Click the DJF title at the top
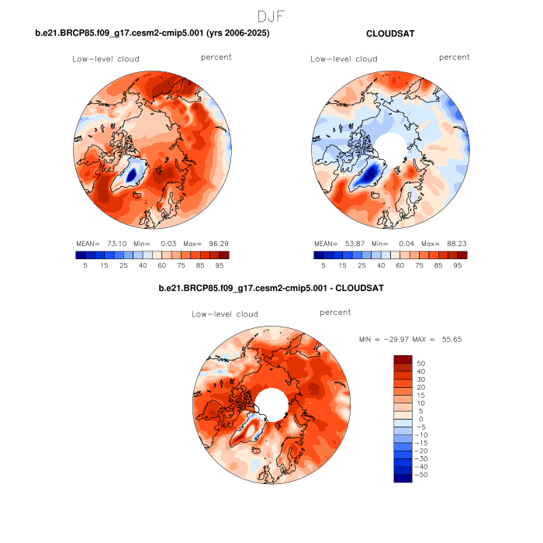tap(271, 16)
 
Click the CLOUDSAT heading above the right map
tap(390, 33)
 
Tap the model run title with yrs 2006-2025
tap(153, 33)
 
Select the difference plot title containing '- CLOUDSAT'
tap(271, 289)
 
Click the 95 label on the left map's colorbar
tap(220, 265)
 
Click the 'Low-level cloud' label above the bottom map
tap(225, 314)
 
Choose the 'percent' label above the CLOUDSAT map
tap(454, 57)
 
